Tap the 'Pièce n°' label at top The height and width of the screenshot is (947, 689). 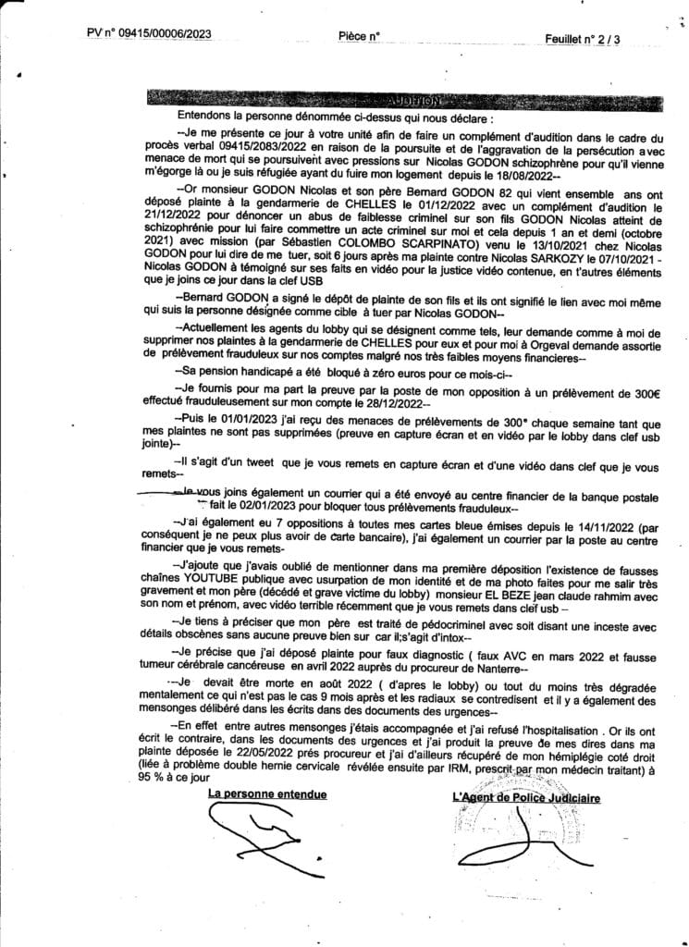359,36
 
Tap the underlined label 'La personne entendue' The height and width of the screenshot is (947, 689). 268,794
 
